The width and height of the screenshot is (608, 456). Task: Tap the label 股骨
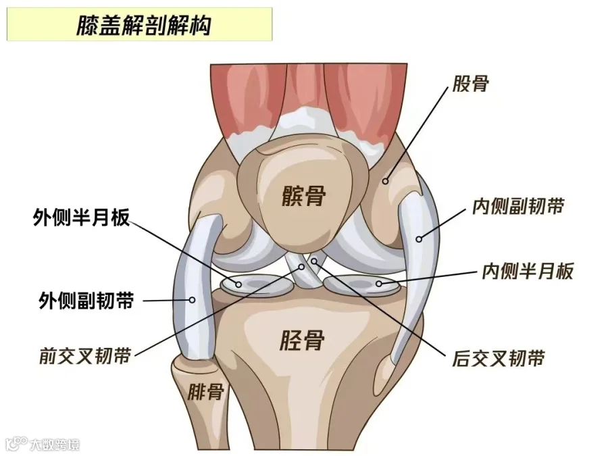point(470,84)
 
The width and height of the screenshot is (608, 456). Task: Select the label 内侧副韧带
point(518,206)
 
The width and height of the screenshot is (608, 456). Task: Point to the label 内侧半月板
point(528,272)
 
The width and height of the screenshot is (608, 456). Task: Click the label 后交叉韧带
point(499,357)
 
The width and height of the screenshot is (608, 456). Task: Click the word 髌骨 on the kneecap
point(304,197)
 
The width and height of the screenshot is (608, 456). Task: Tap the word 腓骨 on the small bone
point(206,392)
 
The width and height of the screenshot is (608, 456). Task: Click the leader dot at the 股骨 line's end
point(386,180)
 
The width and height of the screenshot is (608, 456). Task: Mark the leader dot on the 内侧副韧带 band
point(419,238)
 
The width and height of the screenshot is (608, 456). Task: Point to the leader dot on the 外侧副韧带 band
point(192,300)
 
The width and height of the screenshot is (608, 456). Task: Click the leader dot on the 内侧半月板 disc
point(379,283)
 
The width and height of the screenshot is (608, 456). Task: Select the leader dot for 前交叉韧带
point(302,267)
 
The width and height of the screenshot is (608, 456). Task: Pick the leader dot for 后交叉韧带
point(314,260)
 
